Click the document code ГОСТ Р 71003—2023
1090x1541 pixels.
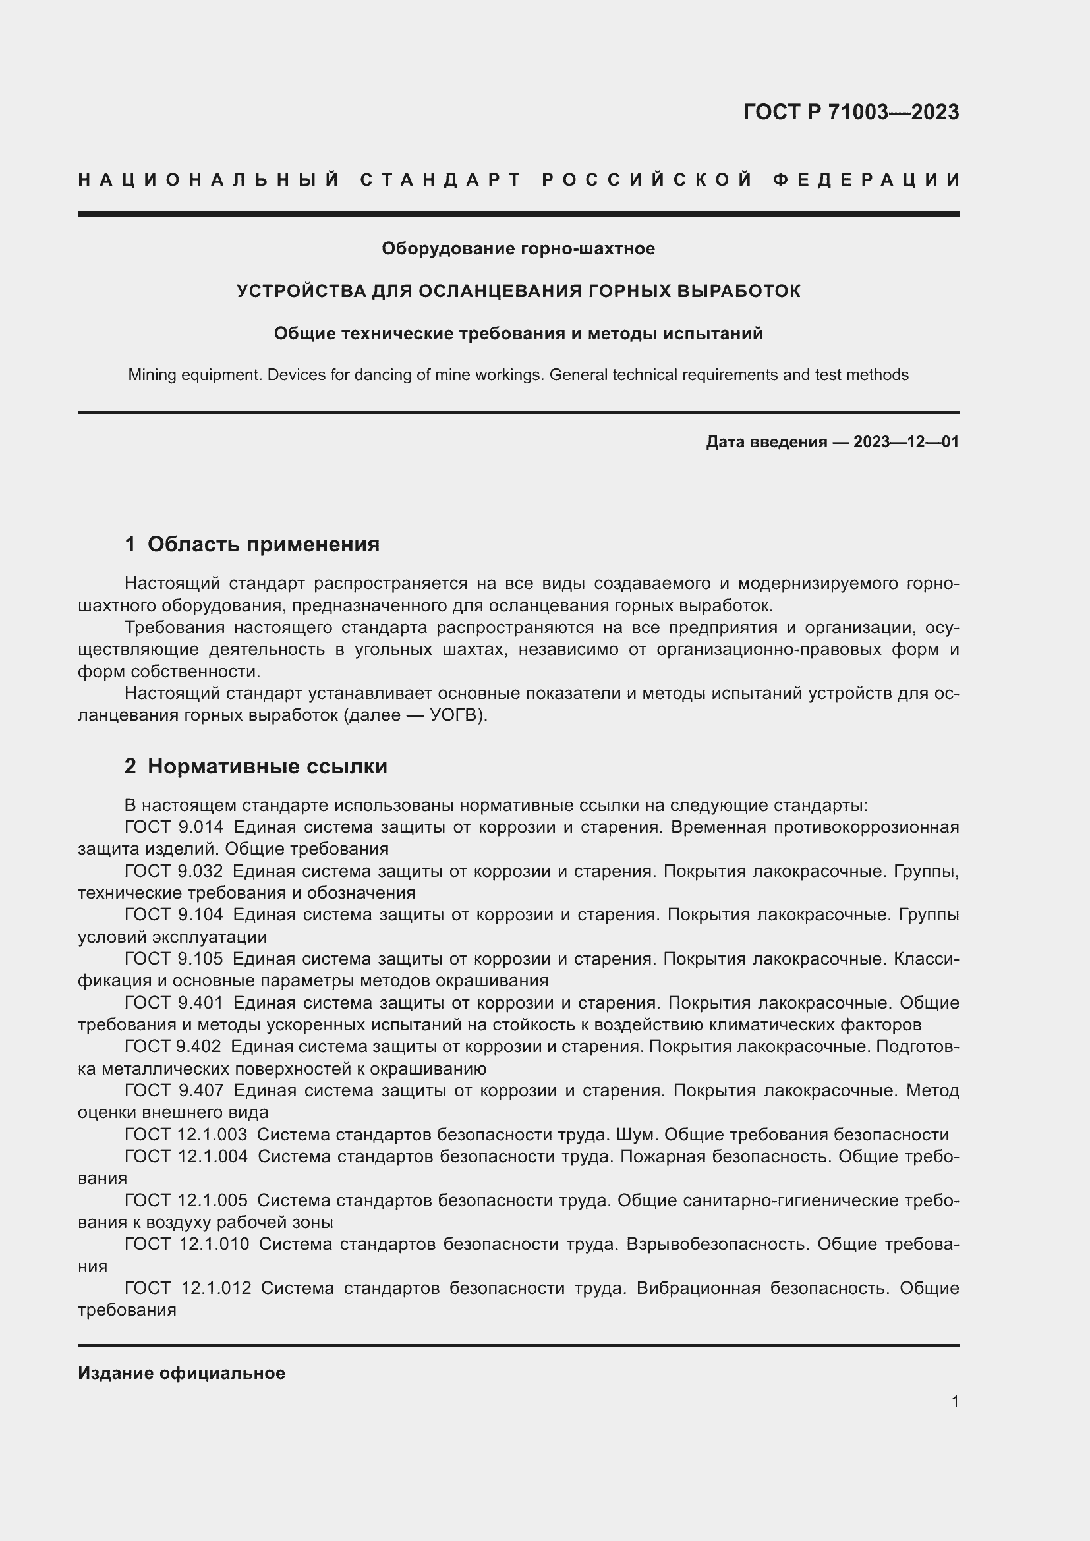pyautogui.click(x=850, y=112)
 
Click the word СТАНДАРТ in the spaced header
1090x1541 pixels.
pyautogui.click(x=441, y=180)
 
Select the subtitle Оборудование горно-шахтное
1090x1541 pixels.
pyautogui.click(x=518, y=249)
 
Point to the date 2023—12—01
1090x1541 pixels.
pyautogui.click(x=906, y=442)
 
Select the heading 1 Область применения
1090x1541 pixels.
pyautogui.click(x=252, y=544)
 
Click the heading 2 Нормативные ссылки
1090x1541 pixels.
pyautogui.click(x=256, y=766)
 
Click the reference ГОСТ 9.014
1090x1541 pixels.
pyautogui.click(x=174, y=827)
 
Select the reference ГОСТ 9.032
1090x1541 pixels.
pyautogui.click(x=174, y=871)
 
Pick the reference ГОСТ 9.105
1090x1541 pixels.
pyautogui.click(x=174, y=959)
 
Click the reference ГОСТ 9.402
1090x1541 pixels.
pyautogui.click(x=173, y=1046)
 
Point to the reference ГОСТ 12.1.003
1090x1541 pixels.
pyautogui.click(x=186, y=1135)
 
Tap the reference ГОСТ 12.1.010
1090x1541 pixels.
pyautogui.click(x=186, y=1244)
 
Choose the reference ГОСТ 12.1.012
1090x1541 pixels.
pyautogui.click(x=188, y=1288)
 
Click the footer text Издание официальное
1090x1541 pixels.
pyautogui.click(x=181, y=1373)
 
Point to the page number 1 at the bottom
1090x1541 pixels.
pyautogui.click(x=954, y=1402)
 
